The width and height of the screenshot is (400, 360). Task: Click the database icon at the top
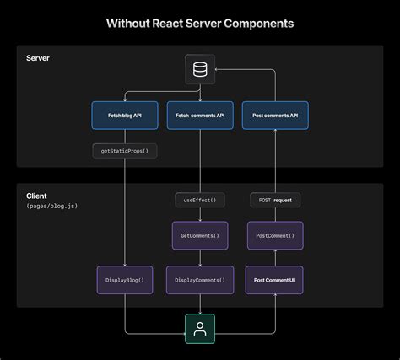click(x=200, y=69)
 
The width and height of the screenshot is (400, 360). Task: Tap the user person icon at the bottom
click(x=200, y=329)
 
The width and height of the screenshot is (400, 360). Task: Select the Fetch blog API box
click(x=125, y=116)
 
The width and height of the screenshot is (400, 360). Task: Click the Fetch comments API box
click(x=200, y=116)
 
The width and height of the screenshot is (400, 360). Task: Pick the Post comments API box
click(x=275, y=116)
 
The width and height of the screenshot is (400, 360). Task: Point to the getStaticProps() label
click(x=126, y=152)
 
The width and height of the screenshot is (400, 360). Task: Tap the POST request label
click(x=275, y=201)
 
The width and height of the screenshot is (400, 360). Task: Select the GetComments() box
click(x=200, y=235)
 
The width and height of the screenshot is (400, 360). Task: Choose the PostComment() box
click(x=275, y=235)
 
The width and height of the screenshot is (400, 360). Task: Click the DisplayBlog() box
click(x=125, y=280)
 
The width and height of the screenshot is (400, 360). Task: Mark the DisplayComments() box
click(x=200, y=280)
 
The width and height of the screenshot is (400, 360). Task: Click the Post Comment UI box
click(x=275, y=280)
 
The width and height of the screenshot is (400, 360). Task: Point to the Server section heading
click(x=38, y=58)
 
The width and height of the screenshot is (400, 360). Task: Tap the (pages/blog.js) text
click(x=52, y=207)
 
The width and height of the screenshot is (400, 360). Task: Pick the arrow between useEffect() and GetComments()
click(x=200, y=215)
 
